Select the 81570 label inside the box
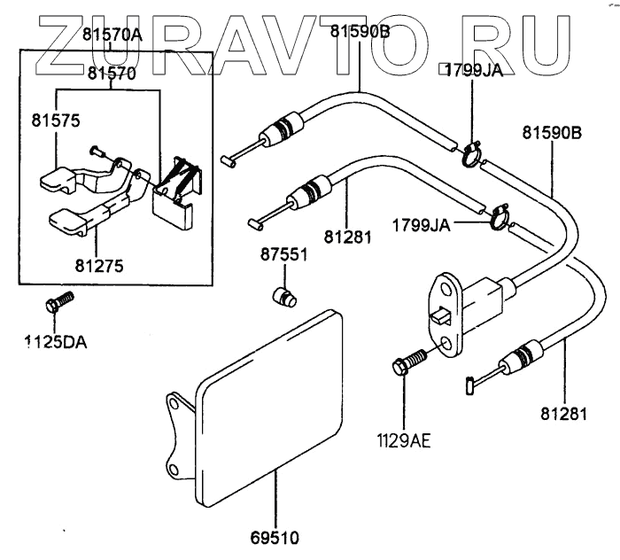click(x=111, y=74)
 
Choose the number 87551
click(x=283, y=255)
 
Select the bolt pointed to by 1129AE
click(x=407, y=362)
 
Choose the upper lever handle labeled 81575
click(x=58, y=178)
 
